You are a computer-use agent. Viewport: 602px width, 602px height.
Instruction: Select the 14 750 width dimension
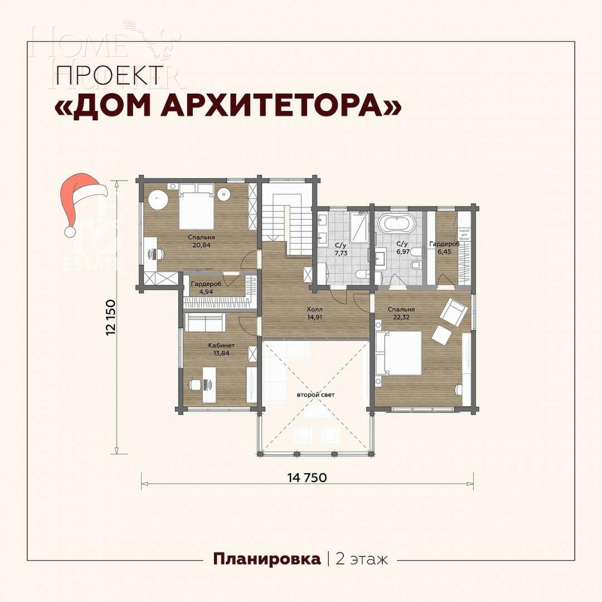point(307,478)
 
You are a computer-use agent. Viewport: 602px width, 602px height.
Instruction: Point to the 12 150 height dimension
point(111,318)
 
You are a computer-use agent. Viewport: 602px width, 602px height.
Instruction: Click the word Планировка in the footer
point(267,559)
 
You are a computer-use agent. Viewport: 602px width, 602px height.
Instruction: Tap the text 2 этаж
point(362,559)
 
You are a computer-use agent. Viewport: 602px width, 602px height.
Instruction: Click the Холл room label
point(315,309)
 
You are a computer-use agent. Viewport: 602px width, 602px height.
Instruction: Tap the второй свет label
point(315,395)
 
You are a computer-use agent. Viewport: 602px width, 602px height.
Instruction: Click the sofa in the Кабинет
point(205,323)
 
